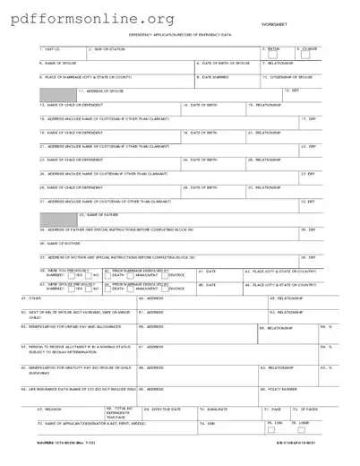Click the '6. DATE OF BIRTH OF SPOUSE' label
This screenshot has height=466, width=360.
(x=224, y=64)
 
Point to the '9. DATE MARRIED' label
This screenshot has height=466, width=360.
(x=213, y=77)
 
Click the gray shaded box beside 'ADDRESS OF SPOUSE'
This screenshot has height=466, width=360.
(x=56, y=93)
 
